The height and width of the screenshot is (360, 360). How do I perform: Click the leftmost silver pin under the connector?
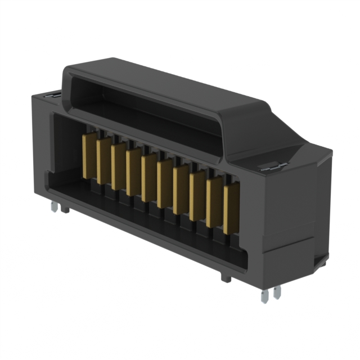53,208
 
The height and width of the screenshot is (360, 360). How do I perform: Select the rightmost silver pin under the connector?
276,293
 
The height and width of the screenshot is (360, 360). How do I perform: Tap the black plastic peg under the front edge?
226,278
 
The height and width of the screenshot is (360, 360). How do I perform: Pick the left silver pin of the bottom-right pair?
264,296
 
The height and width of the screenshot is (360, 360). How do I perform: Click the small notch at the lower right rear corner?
320,260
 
